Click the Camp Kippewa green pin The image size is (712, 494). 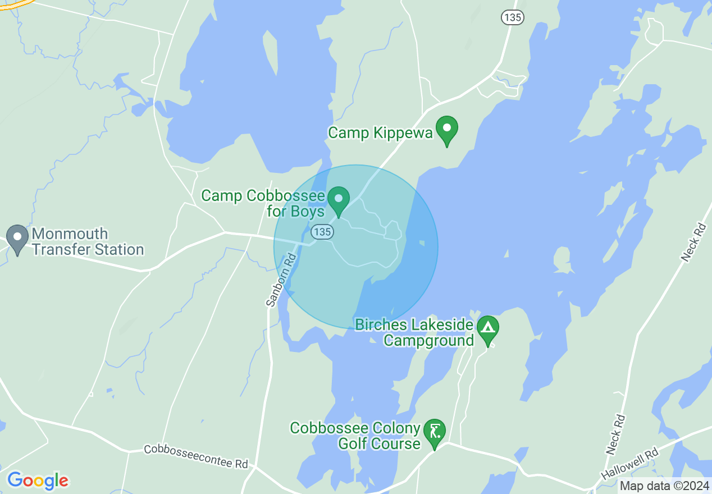point(447,129)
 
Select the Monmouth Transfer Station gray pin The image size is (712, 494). point(17,238)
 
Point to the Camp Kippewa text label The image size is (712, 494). point(380,133)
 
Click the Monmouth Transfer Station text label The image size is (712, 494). point(88,242)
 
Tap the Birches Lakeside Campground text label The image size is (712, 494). point(414,333)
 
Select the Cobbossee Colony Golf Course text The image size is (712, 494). point(355,436)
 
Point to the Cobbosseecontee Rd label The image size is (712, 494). point(195,456)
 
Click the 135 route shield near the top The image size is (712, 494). point(512,17)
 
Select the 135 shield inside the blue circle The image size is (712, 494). point(322,231)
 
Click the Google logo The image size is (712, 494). point(38,481)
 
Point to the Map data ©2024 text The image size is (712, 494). point(663,486)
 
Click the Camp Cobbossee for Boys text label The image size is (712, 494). point(263,203)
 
